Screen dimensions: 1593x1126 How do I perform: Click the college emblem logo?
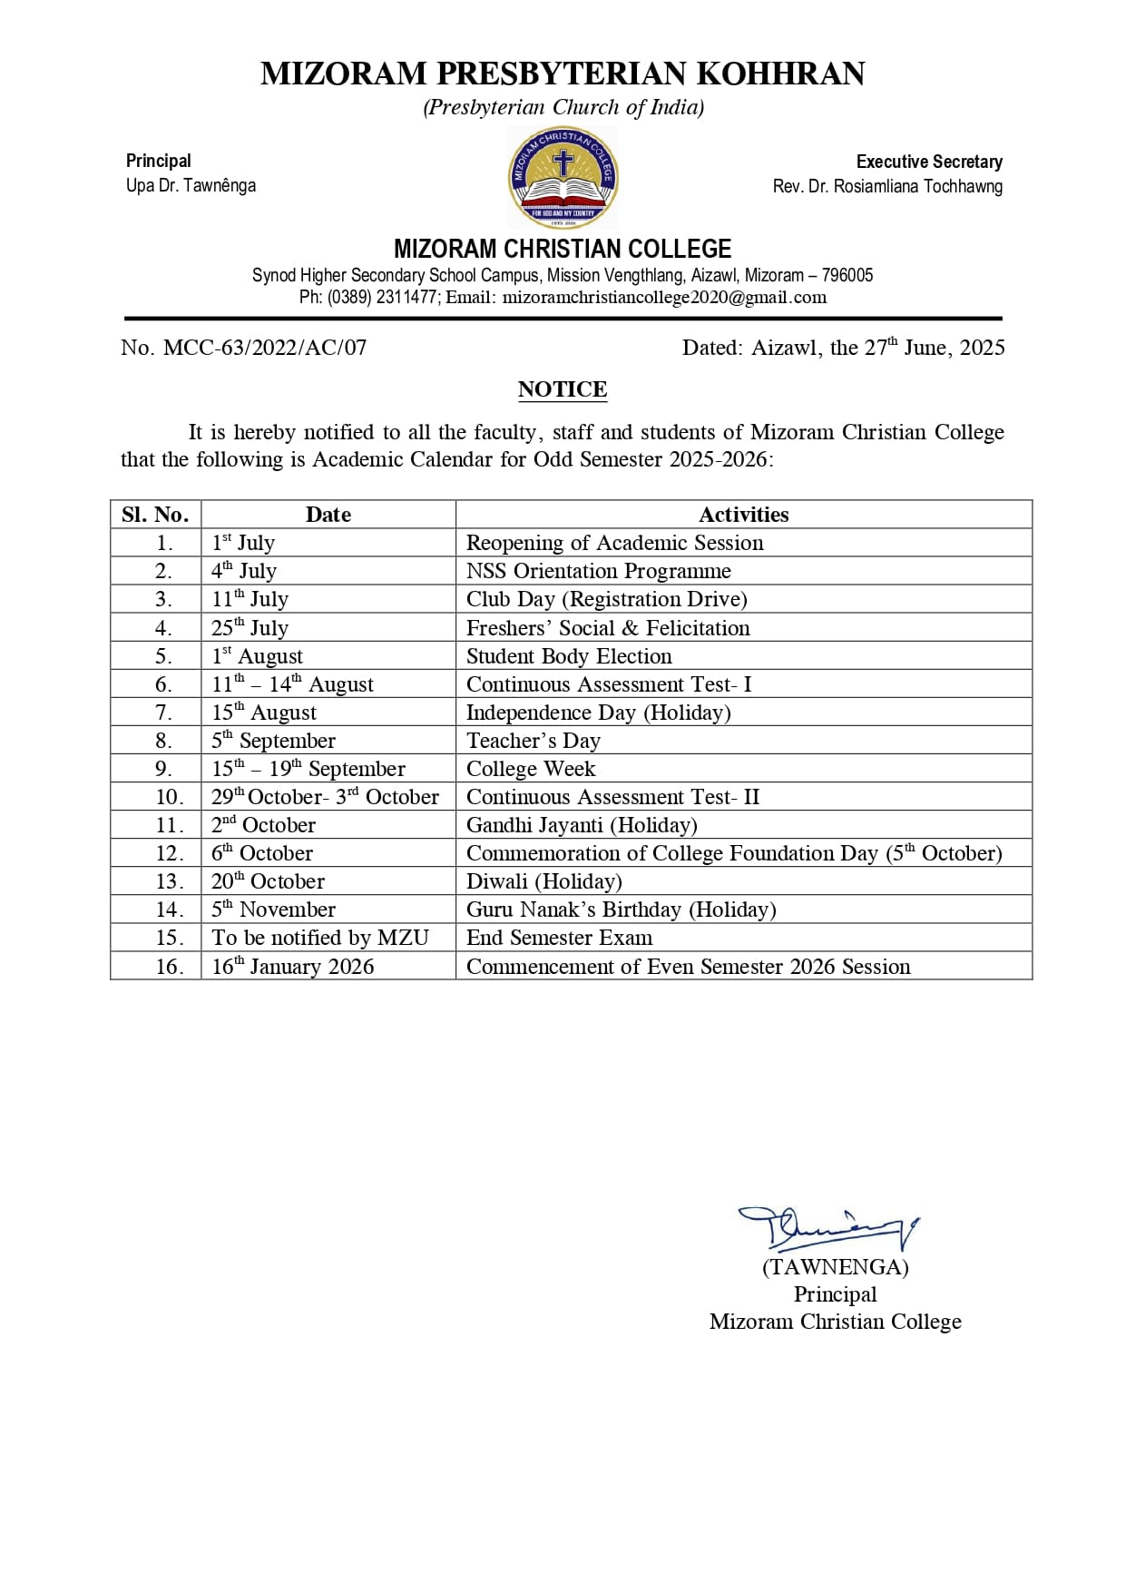coord(563,177)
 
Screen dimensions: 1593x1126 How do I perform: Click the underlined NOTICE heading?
coord(563,389)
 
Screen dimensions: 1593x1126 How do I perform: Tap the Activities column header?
coord(743,515)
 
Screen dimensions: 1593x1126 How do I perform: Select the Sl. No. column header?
coord(155,515)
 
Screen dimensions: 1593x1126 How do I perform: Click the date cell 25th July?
coord(250,627)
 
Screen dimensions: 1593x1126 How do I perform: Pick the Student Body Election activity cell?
coord(569,656)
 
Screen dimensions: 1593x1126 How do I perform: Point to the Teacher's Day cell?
coord(534,741)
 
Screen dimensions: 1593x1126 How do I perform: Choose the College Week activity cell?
coord(531,769)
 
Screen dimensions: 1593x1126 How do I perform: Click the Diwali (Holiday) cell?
coord(544,881)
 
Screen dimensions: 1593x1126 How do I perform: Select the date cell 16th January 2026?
coord(292,966)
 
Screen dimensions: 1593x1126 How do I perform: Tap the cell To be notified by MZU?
coord(320,938)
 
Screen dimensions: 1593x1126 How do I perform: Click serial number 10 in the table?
coord(170,797)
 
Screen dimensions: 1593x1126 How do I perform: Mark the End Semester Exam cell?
coord(559,938)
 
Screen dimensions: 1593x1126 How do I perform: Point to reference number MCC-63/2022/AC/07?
coord(265,348)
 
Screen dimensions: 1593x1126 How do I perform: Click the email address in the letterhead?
coord(664,298)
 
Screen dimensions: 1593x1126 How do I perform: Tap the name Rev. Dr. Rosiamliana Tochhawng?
coord(887,186)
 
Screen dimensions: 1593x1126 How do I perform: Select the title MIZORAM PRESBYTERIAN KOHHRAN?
coord(563,74)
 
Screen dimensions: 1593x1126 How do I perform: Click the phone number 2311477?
coord(406,298)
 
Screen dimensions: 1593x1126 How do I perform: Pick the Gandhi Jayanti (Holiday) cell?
coord(582,825)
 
